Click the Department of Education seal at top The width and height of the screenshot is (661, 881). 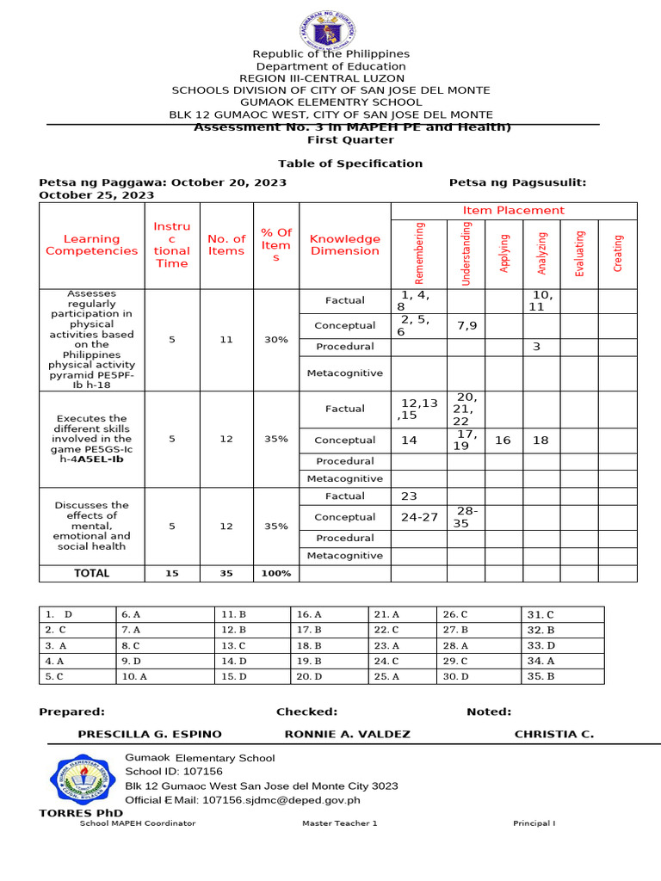pos(330,32)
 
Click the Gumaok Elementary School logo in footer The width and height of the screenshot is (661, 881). pos(83,779)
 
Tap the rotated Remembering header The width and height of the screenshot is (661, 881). pos(419,254)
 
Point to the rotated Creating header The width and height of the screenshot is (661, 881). pos(617,254)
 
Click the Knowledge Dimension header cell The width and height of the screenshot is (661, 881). pos(344,245)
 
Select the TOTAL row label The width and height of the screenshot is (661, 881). pos(92,573)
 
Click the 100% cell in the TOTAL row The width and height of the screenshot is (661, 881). pos(275,573)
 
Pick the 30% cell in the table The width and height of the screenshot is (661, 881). pos(275,340)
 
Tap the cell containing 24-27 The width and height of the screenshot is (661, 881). pos(419,517)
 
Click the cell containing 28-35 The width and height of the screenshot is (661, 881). pos(466,517)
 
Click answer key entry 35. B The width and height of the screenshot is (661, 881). pos(541,676)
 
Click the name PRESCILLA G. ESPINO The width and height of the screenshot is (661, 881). pos(150,734)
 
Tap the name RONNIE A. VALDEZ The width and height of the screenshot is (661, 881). pos(347,734)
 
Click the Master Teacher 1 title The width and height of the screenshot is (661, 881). pos(339,823)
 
